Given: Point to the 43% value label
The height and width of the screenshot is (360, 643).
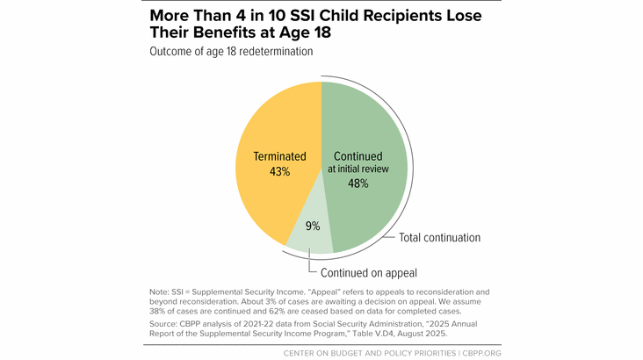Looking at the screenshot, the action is click(x=279, y=171).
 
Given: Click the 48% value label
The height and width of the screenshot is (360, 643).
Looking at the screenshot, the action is click(x=358, y=184).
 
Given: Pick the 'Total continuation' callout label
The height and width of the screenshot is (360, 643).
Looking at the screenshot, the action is click(x=439, y=237).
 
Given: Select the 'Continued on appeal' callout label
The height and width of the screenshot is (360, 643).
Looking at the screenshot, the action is click(x=369, y=273).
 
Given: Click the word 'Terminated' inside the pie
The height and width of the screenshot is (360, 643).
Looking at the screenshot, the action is click(x=279, y=156).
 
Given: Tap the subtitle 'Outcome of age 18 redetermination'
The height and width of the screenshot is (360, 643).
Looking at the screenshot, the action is click(x=231, y=51).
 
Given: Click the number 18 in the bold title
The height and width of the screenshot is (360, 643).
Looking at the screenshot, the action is click(x=321, y=32).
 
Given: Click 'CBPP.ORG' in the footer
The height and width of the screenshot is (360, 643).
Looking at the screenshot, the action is click(x=482, y=353).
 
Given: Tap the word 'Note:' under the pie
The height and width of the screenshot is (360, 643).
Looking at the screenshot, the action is click(x=159, y=292).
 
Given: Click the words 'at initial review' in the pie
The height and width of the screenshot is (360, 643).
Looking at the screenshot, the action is click(x=358, y=169).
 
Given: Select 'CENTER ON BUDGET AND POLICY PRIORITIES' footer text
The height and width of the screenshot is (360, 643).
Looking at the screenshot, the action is click(x=370, y=353).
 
